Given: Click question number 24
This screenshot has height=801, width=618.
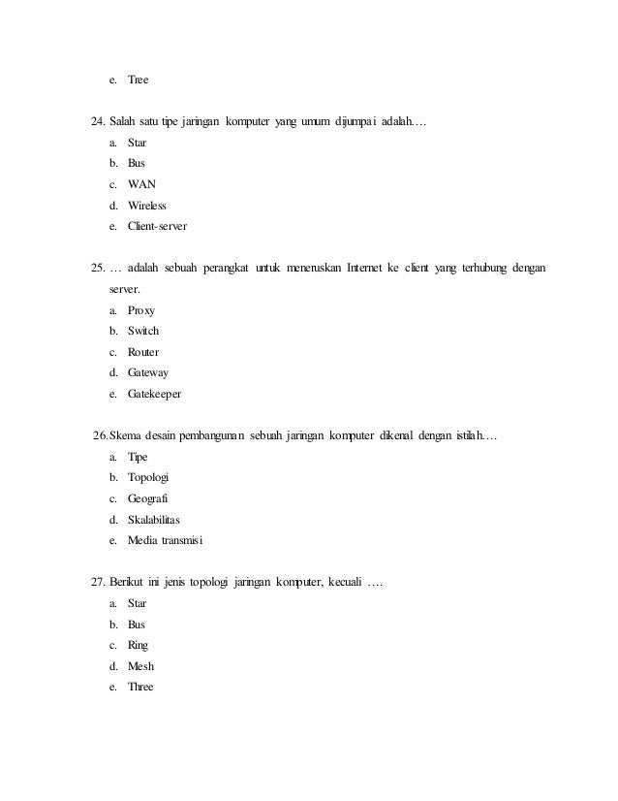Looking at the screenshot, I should [97, 122].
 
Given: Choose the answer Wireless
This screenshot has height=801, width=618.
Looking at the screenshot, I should [147, 206].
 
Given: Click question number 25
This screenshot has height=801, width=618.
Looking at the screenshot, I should [97, 267].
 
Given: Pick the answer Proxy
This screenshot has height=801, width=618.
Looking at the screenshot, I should [141, 310].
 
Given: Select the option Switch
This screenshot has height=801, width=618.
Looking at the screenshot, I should [143, 332].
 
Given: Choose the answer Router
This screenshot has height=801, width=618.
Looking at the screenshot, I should [143, 352].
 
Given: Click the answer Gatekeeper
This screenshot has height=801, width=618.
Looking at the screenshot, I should [154, 395].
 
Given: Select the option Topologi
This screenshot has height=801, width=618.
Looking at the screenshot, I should [148, 477].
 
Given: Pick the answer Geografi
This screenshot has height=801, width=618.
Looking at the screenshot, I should [148, 498].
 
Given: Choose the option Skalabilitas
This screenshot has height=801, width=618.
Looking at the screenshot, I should [154, 520].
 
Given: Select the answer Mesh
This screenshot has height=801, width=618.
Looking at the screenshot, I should [141, 666].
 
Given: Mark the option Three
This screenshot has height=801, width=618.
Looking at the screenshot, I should [141, 688].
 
